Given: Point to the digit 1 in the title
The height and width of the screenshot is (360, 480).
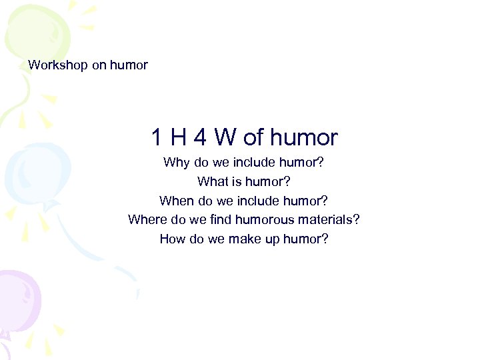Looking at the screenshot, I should pos(157,138).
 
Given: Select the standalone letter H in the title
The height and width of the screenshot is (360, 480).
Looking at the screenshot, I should pos(178,138).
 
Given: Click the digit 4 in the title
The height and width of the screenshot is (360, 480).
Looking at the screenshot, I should pos(199,138).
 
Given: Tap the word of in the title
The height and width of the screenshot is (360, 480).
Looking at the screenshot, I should pos(254,138).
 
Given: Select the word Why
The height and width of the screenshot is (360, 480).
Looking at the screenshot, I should pos(177,162).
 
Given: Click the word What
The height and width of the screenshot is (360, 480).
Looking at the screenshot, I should pos(212,181).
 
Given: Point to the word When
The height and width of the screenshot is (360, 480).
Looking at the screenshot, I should pos(176,201).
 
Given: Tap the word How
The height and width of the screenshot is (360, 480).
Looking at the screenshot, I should pos(173,239).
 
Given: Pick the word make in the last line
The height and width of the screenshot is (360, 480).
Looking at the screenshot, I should pos(245,239).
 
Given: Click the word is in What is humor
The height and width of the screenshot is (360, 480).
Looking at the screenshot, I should pos(237,181).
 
